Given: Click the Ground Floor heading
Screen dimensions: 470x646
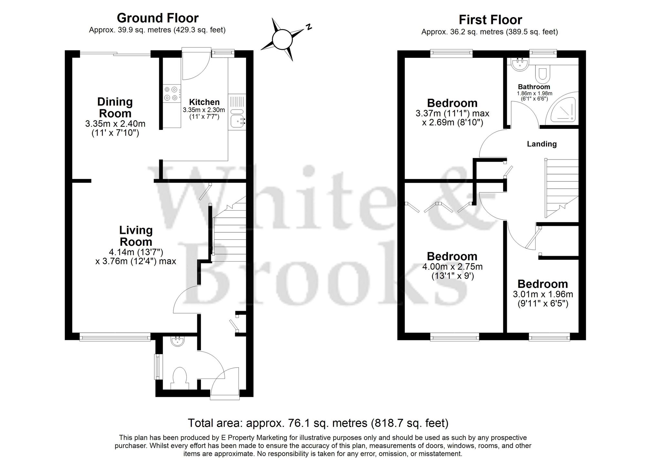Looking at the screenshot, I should tap(158, 18).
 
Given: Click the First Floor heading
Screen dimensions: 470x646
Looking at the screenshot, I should tap(490, 20).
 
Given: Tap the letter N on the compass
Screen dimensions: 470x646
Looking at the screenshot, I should tap(309, 27).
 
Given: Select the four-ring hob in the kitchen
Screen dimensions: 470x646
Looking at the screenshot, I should tap(171, 93).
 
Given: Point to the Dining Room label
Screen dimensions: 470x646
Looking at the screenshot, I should tap(115, 108).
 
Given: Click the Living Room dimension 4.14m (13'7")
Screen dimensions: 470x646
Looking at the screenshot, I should tap(136, 252).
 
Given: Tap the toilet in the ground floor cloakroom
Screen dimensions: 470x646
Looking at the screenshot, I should tap(180, 376).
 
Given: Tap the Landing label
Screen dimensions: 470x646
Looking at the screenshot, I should tap(542, 144).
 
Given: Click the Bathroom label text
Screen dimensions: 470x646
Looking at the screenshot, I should tap(534, 87).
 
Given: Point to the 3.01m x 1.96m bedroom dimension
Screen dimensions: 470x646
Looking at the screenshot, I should tap(543, 294).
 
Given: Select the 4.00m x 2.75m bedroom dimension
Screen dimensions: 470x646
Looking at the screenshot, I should tap(452, 267).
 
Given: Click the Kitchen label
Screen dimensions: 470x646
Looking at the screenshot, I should tap(204, 102).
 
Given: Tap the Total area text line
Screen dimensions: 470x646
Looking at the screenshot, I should tap(318, 423).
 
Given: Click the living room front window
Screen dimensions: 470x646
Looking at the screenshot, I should tap(115, 338).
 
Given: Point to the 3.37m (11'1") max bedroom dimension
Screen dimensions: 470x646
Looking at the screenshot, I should tap(452, 114).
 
